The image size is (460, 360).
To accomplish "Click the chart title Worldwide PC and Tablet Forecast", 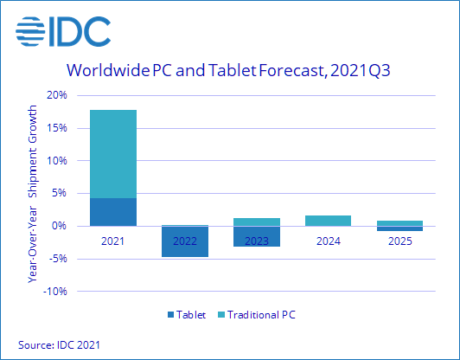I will pos(229,70).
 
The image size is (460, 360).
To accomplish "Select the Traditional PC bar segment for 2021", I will pos(113,154).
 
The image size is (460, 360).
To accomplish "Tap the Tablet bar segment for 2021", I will pos(113,212).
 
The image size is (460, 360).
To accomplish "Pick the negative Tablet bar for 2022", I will pos(185,241).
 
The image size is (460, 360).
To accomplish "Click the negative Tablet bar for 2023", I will pos(257,236).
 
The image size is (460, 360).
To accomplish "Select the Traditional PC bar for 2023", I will pos(257,222).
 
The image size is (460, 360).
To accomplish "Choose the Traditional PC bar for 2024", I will pos(329,221).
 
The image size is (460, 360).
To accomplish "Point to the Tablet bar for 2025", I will pos(400,228).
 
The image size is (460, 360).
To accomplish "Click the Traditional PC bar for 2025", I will pos(400,223).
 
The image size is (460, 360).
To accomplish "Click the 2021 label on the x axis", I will pos(113,241).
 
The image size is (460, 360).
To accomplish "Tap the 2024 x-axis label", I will pos(329,241).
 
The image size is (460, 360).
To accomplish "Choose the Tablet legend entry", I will pos(188,315).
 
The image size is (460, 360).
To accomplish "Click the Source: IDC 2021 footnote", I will pos(58,345).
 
